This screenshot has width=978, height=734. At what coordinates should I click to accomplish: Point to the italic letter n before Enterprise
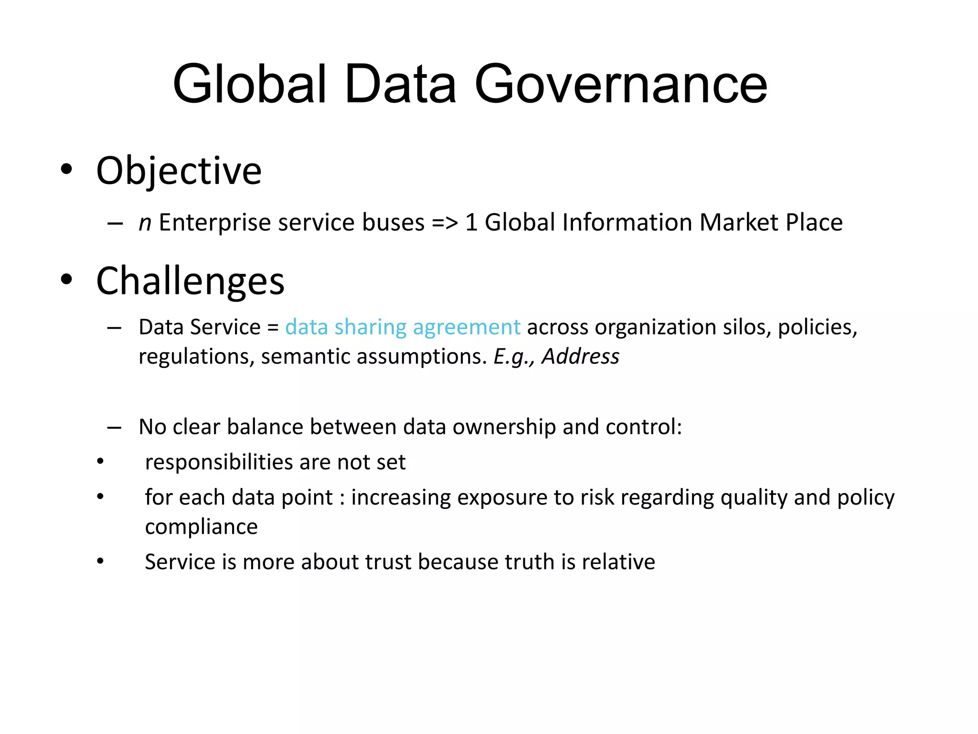pos(145,223)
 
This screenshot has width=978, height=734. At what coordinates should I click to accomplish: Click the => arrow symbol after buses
pos(445,223)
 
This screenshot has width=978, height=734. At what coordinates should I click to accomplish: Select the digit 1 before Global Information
pos(471,223)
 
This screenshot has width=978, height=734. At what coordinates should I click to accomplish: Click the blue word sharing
pos(370,327)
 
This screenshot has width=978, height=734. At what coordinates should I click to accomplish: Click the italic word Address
pos(580,356)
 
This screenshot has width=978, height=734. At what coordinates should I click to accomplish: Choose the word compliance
pos(201,527)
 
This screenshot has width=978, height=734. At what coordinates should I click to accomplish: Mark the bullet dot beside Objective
pos(66,169)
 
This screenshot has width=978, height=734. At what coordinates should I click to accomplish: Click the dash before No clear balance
pos(114,427)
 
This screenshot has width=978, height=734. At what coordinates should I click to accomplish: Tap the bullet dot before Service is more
pos(100,561)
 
